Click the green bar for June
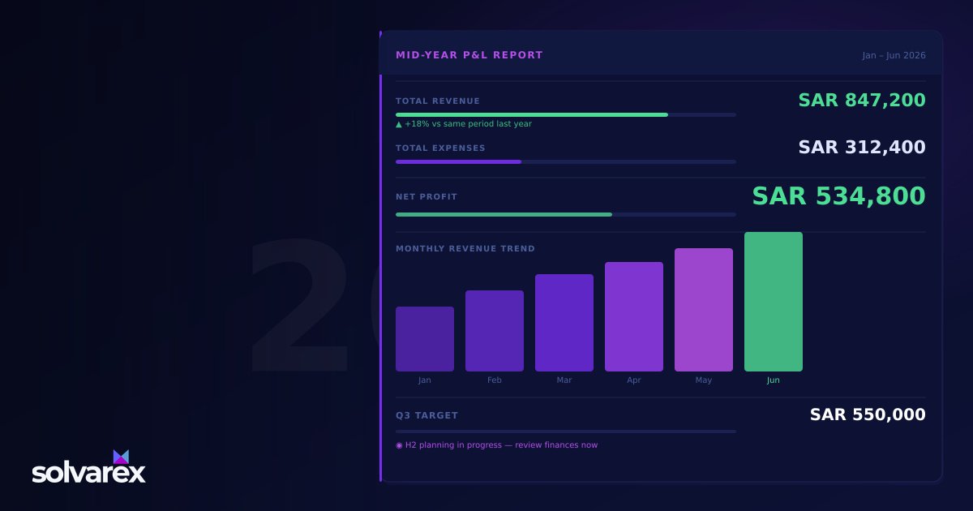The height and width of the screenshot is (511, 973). tap(774, 302)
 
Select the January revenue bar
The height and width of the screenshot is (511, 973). tap(425, 339)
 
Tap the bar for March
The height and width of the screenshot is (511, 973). tap(564, 323)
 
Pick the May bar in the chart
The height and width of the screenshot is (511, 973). tap(704, 310)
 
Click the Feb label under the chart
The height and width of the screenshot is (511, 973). tap(495, 380)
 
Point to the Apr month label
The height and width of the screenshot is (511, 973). tap(634, 380)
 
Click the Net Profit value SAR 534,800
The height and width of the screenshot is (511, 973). tap(838, 196)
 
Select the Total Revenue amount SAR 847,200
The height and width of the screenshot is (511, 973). tap(862, 101)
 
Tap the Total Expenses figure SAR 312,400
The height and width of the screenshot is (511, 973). tap(862, 148)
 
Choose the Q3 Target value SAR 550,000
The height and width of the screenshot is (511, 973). tap(868, 414)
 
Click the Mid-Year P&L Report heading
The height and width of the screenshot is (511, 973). tap(469, 55)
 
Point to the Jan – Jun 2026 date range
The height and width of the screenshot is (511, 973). tap(894, 56)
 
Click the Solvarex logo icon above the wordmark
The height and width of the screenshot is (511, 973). tap(121, 457)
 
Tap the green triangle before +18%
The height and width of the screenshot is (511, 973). tap(399, 125)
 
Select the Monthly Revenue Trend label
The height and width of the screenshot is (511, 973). tap(465, 248)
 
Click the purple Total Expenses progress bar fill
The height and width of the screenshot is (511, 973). tap(458, 162)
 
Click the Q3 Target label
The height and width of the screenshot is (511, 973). tap(426, 415)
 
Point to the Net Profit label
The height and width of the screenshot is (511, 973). tap(426, 197)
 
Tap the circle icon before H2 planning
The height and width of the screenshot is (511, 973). tap(399, 445)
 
